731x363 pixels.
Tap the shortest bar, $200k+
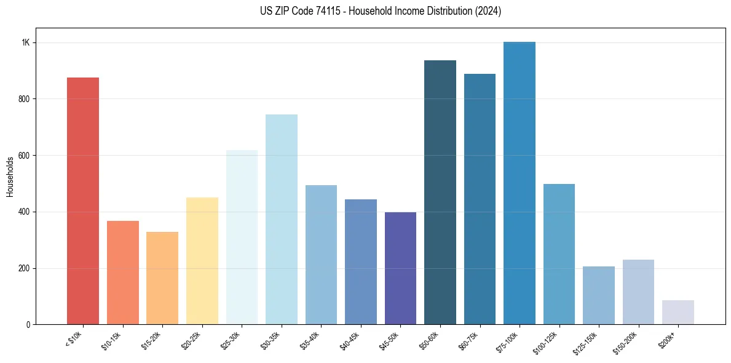(678, 312)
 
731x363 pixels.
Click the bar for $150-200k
(638, 292)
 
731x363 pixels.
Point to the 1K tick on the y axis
(26, 42)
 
